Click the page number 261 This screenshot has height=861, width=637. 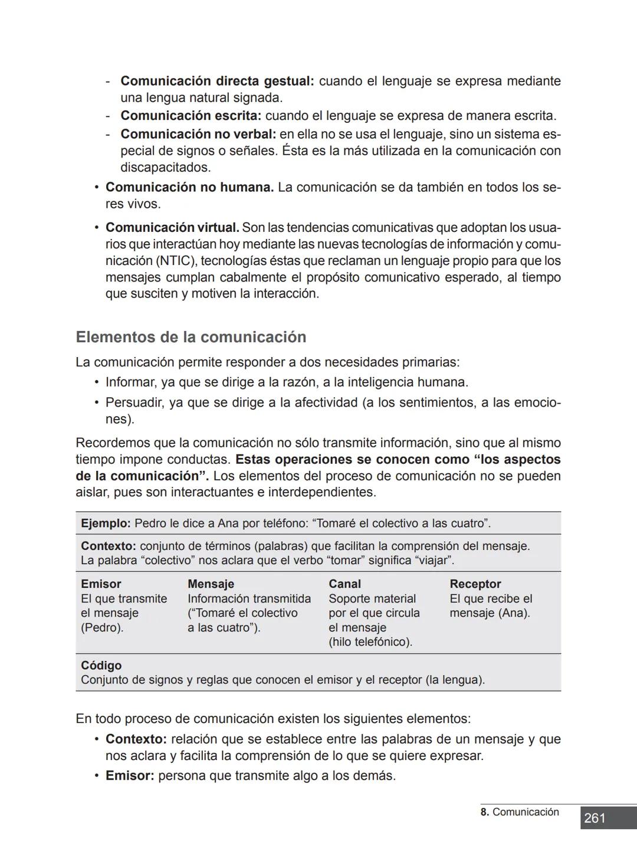click(x=595, y=818)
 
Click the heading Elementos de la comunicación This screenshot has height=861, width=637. click(x=191, y=337)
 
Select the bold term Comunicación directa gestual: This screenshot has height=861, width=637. click(x=217, y=81)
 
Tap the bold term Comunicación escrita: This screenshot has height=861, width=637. click(x=191, y=116)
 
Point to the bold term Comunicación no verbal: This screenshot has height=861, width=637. click(x=198, y=134)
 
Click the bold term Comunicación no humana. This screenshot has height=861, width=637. click(x=189, y=187)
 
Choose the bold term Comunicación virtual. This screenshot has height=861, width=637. click(x=172, y=227)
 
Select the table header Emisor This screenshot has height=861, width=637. click(x=101, y=584)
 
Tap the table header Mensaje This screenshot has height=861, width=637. click(x=211, y=584)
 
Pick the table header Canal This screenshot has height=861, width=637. click(x=344, y=584)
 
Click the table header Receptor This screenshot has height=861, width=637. click(x=475, y=584)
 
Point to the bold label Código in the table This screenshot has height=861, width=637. click(x=101, y=665)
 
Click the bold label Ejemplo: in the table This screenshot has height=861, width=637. click(x=106, y=523)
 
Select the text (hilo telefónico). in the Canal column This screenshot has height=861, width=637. click(x=370, y=641)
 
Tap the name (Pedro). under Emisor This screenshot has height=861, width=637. click(x=102, y=627)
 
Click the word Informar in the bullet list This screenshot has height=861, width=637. click(x=131, y=382)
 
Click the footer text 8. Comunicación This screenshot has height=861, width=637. click(x=519, y=812)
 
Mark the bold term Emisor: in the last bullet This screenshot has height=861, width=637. click(x=130, y=775)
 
